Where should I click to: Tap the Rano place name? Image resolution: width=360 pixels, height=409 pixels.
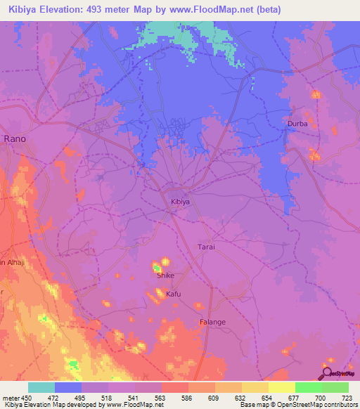[x=15, y=139]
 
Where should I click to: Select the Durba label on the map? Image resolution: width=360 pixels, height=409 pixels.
[x=297, y=124]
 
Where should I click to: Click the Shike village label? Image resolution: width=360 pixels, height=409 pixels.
[x=165, y=275]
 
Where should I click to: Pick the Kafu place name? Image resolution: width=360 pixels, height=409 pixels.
[x=174, y=294]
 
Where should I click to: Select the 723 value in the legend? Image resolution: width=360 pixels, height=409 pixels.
[x=346, y=398]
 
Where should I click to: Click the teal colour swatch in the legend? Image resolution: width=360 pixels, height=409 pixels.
[x=41, y=387]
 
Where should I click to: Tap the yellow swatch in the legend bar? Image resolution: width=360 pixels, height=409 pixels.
[x=281, y=387]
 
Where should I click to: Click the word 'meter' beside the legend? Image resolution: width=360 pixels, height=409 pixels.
[x=10, y=398]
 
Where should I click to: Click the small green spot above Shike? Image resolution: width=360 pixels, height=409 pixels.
[x=157, y=267]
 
